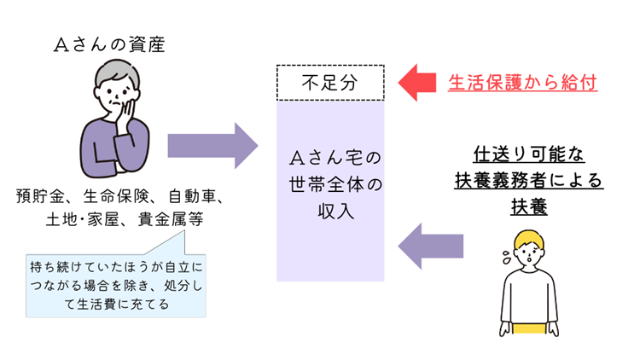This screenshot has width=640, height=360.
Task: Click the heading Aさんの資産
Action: click(x=109, y=44)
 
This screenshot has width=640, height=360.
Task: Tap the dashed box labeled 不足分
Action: click(x=330, y=83)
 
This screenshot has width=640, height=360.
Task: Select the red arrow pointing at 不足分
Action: click(x=417, y=83)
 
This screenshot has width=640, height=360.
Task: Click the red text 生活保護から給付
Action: click(x=522, y=83)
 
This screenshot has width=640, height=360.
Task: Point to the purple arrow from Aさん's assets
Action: click(x=212, y=146)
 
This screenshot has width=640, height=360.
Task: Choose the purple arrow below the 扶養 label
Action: click(x=431, y=247)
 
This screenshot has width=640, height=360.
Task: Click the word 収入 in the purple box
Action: click(x=335, y=212)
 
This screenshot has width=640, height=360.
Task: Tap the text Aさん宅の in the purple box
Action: click(x=335, y=158)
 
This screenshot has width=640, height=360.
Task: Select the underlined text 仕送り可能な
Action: click(x=529, y=154)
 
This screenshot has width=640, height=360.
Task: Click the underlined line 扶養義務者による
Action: click(x=529, y=180)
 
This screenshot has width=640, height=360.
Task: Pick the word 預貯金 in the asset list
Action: click(x=40, y=196)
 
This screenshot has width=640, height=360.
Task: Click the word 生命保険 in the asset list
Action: click(x=116, y=196)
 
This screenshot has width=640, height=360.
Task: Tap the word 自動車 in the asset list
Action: click(x=192, y=196)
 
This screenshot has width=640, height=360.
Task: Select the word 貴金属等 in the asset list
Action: click(x=171, y=219)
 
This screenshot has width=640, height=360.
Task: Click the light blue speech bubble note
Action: click(x=116, y=285)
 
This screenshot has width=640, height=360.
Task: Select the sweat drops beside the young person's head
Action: click(x=507, y=257)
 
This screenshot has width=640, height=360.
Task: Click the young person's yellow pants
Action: click(x=529, y=328)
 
